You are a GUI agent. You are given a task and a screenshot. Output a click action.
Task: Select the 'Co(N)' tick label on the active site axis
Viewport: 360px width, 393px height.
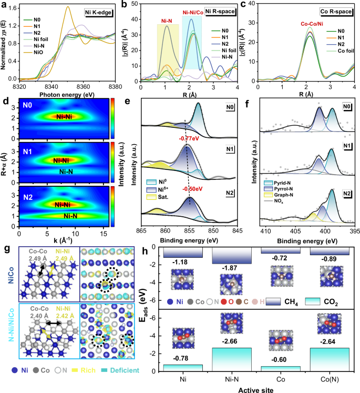pyautogui.click(x=326, y=377)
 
